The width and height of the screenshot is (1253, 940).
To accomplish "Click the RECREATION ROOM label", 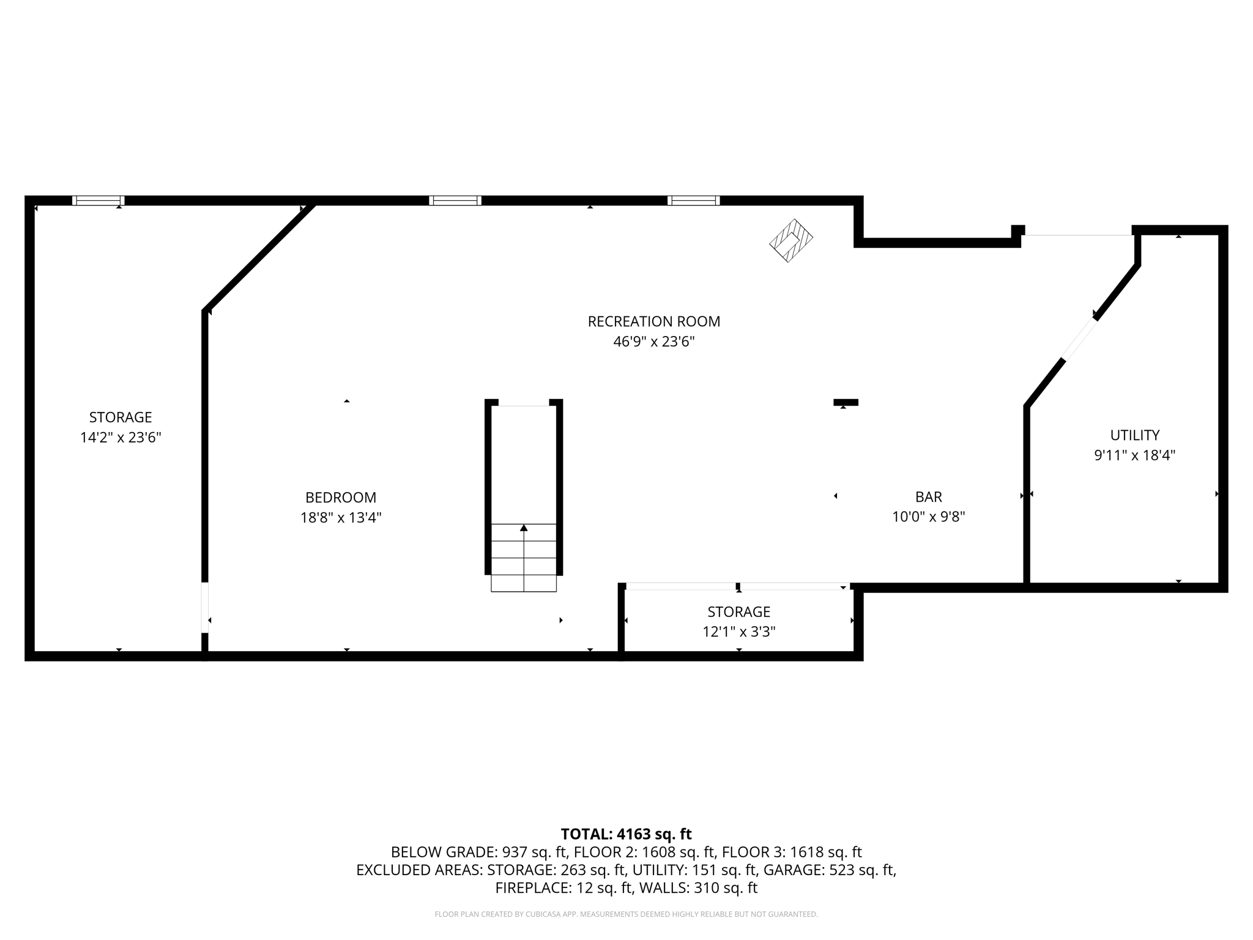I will [x=653, y=321].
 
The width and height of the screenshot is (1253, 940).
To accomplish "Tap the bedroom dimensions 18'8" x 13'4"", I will [x=341, y=518].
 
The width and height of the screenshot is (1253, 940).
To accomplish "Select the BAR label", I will [x=928, y=496].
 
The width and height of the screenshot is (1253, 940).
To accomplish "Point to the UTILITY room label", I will [x=1134, y=435].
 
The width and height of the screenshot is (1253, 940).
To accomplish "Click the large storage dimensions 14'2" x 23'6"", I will [x=121, y=438].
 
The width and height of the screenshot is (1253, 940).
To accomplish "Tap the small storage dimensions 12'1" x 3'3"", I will [x=738, y=632].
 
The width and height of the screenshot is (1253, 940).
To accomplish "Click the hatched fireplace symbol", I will [x=790, y=241].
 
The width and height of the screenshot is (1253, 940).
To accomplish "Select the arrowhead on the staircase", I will [x=524, y=528].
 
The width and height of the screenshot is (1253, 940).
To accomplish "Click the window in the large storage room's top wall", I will [x=99, y=201].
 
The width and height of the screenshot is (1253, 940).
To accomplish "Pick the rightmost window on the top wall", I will [x=693, y=201].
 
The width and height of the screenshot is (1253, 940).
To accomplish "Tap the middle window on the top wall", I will [x=455, y=201].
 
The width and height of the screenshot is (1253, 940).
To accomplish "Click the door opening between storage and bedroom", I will [x=205, y=607].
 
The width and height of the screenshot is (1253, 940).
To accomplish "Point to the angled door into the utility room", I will [x=1080, y=339].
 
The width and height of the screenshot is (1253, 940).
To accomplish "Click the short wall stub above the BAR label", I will [x=846, y=402].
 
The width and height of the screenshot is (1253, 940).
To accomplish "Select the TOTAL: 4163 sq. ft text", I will [x=626, y=834].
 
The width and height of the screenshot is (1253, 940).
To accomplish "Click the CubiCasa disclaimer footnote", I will [x=626, y=914].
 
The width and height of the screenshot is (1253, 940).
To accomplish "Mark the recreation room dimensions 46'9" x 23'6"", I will [x=653, y=341].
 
